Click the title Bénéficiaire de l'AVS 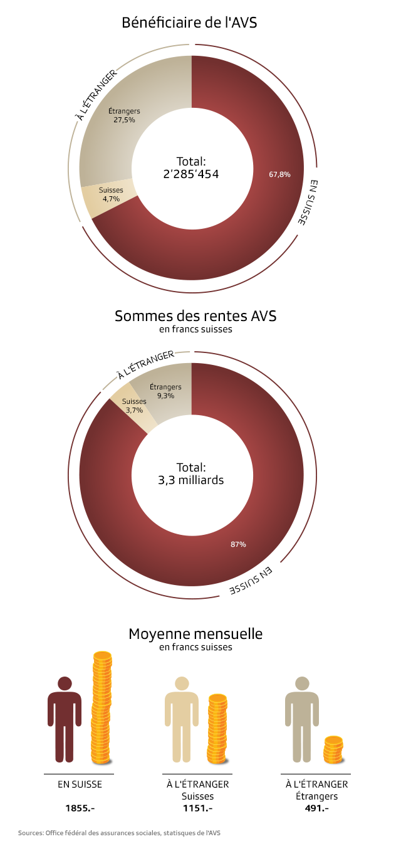(190, 23)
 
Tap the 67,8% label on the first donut (279, 174)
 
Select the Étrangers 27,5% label (124, 115)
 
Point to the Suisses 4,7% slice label (112, 194)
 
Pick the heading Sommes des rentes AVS (195, 316)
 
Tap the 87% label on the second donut (238, 544)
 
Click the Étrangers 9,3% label (165, 391)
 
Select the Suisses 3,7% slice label (134, 406)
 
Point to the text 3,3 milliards (191, 481)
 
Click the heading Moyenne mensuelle (195, 634)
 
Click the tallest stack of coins (102, 708)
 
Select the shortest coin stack (333, 749)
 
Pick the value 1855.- (80, 808)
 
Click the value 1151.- (197, 808)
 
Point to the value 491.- (316, 808)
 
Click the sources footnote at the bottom (119, 833)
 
